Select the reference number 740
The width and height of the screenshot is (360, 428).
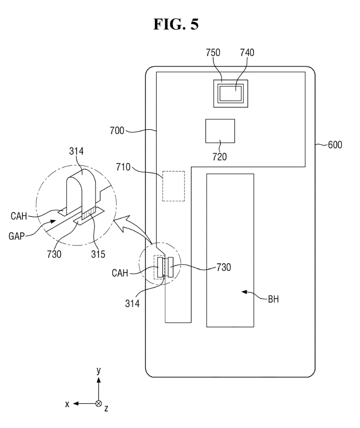(x=248, y=52)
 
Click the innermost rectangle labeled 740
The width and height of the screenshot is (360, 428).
(x=232, y=94)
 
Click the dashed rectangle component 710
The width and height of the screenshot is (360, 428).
(x=174, y=186)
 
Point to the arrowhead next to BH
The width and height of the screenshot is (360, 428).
(x=244, y=292)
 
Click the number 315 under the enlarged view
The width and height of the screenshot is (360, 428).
(x=97, y=254)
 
